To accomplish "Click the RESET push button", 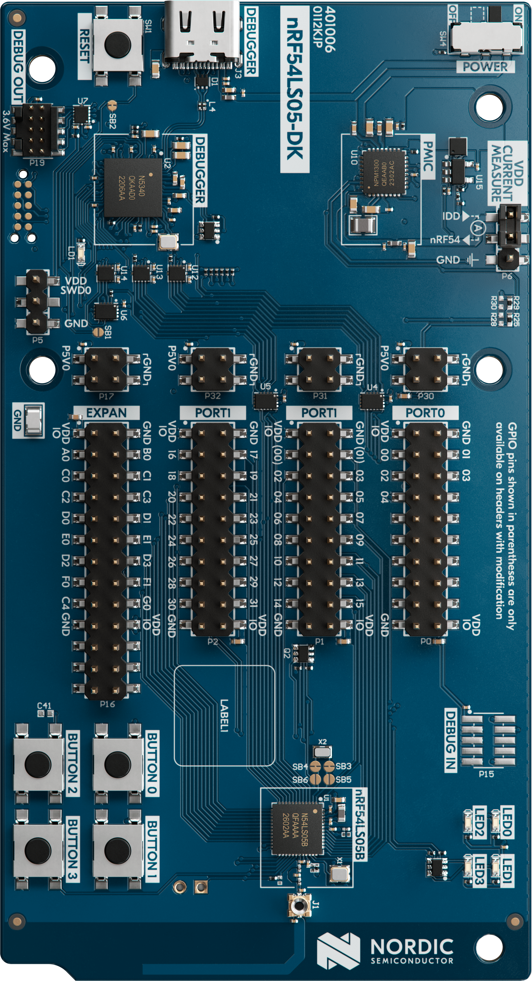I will click(x=117, y=45).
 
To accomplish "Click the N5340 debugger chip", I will click(x=133, y=188).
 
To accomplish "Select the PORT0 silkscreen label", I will click(x=425, y=413).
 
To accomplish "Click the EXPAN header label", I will click(x=106, y=413).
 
